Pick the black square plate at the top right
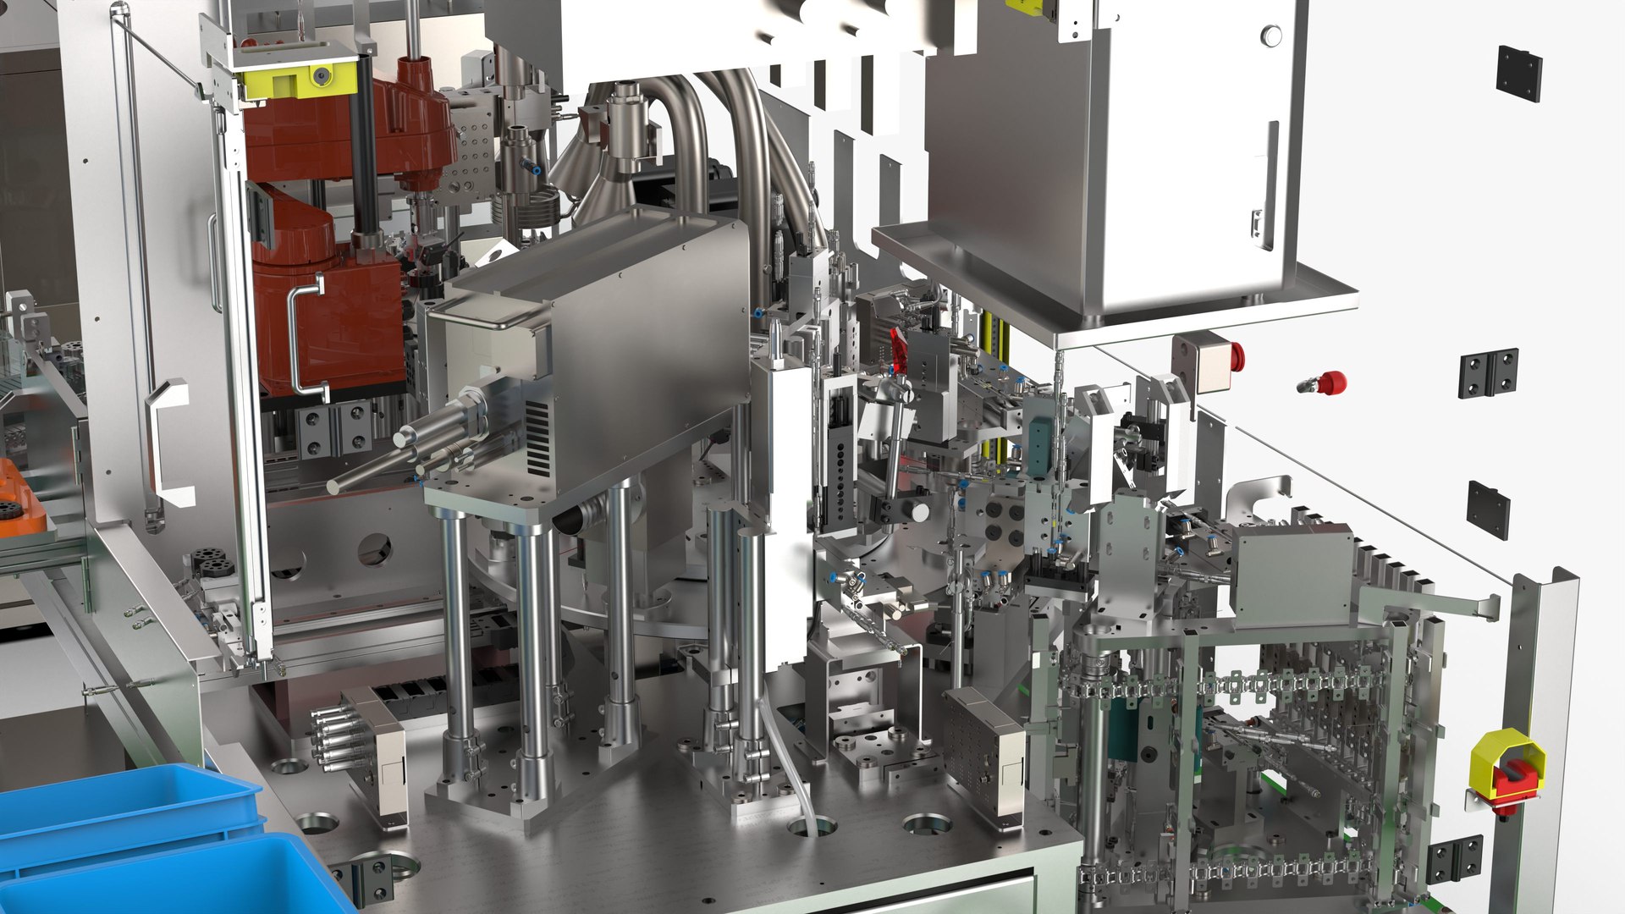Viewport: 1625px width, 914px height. point(1518,74)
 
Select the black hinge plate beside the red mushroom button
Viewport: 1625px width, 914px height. point(1488,373)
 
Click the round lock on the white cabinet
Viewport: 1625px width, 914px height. point(1270,36)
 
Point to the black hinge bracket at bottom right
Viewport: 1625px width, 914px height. point(1454,857)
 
